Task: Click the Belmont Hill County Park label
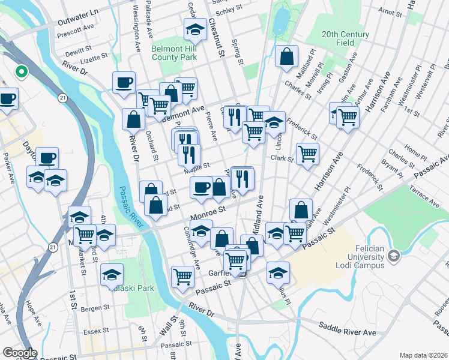(174, 53)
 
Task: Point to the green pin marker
(21, 72)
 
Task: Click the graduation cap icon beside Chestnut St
(194, 29)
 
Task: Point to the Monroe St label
(207, 214)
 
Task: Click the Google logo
(20, 353)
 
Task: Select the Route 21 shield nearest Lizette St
(62, 97)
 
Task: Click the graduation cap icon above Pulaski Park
(112, 274)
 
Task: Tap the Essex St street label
(96, 331)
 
